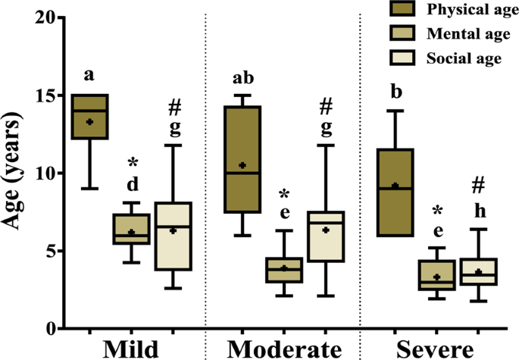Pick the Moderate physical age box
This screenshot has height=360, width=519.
[x=242, y=159]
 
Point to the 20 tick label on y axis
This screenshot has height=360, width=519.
[x=48, y=17]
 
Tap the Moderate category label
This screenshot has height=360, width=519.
[x=284, y=348]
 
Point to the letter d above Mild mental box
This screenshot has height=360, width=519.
[x=132, y=184]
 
